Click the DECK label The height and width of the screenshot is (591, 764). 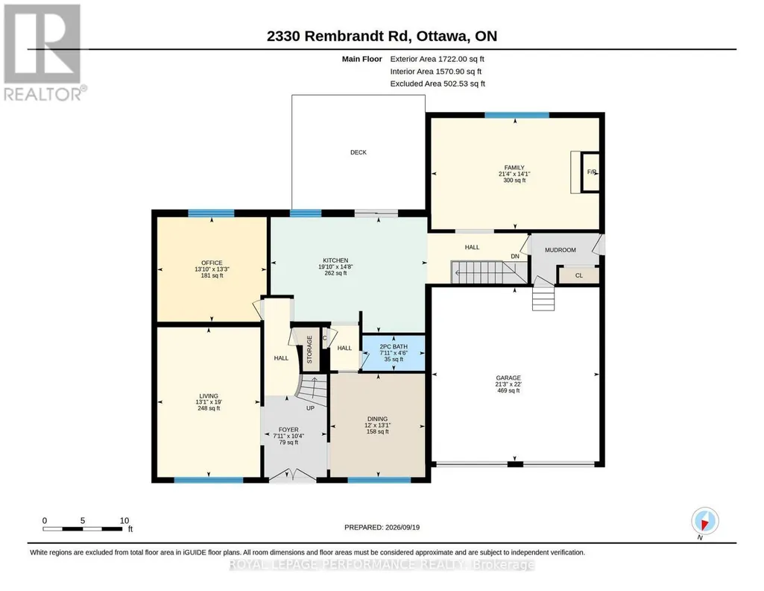click(358, 152)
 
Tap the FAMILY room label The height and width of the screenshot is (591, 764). click(514, 168)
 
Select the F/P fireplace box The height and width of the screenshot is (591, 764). click(591, 172)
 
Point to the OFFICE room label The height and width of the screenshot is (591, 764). click(212, 263)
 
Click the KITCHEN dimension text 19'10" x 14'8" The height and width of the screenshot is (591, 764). click(335, 266)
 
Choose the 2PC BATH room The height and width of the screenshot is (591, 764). click(394, 352)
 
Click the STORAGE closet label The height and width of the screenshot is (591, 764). click(309, 349)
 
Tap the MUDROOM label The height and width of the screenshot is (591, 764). click(560, 250)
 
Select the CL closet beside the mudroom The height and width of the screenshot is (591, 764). click(578, 275)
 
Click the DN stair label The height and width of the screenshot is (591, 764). click(514, 256)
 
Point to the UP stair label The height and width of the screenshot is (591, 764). click(310, 408)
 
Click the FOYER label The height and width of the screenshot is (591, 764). click(288, 430)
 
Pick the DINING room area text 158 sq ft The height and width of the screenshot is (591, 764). click(377, 431)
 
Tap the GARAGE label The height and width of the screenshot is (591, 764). click(508, 378)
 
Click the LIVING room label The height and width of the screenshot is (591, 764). click(209, 396)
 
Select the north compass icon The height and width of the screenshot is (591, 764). click(704, 522)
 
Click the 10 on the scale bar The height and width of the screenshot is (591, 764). click(124, 521)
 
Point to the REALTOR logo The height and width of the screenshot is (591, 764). click(44, 53)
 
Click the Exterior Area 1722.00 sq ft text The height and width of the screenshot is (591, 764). click(437, 59)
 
